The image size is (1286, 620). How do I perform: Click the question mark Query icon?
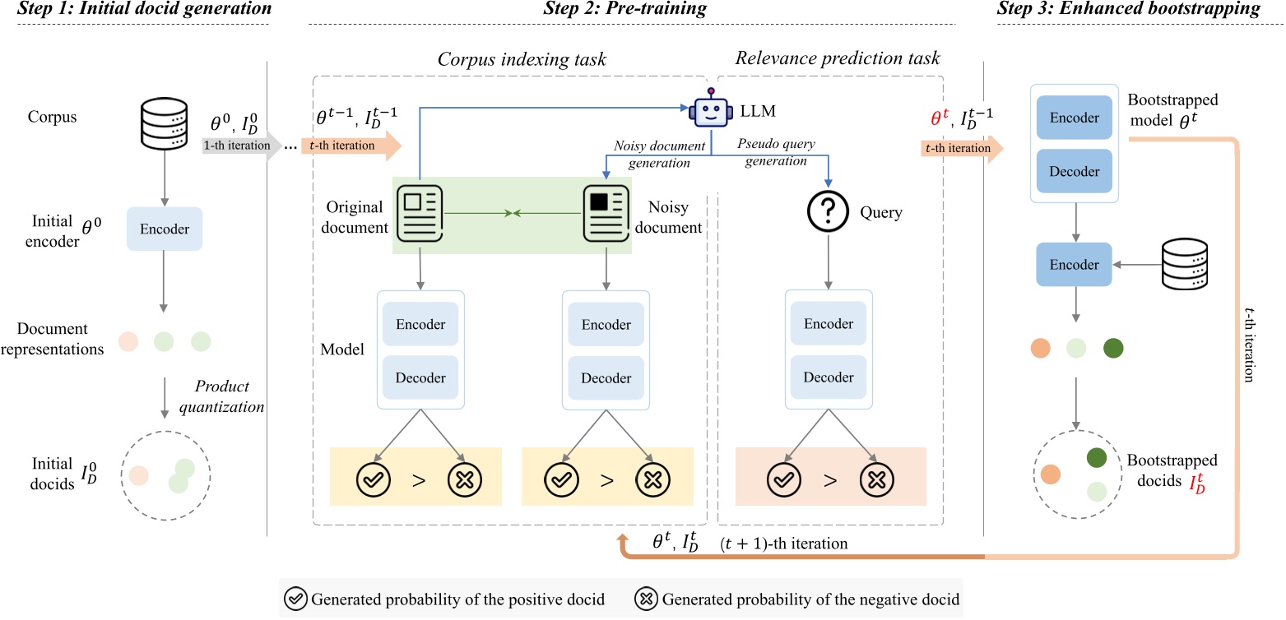pyautogui.click(x=828, y=214)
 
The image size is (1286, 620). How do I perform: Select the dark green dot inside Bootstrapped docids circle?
pyautogui.click(x=1098, y=458)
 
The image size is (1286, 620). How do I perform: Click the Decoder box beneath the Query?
pyautogui.click(x=828, y=377)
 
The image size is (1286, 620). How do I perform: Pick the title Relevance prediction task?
pyautogui.click(x=837, y=58)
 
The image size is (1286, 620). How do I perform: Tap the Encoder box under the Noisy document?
pyautogui.click(x=606, y=324)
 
